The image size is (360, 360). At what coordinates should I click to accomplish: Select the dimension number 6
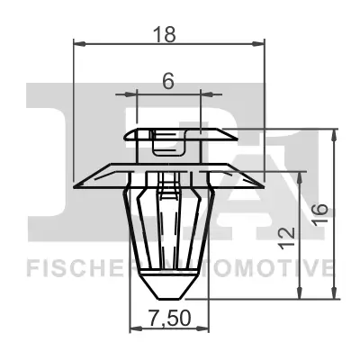click(168, 80)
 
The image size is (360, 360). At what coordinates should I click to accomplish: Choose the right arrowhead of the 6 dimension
click(202, 93)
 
